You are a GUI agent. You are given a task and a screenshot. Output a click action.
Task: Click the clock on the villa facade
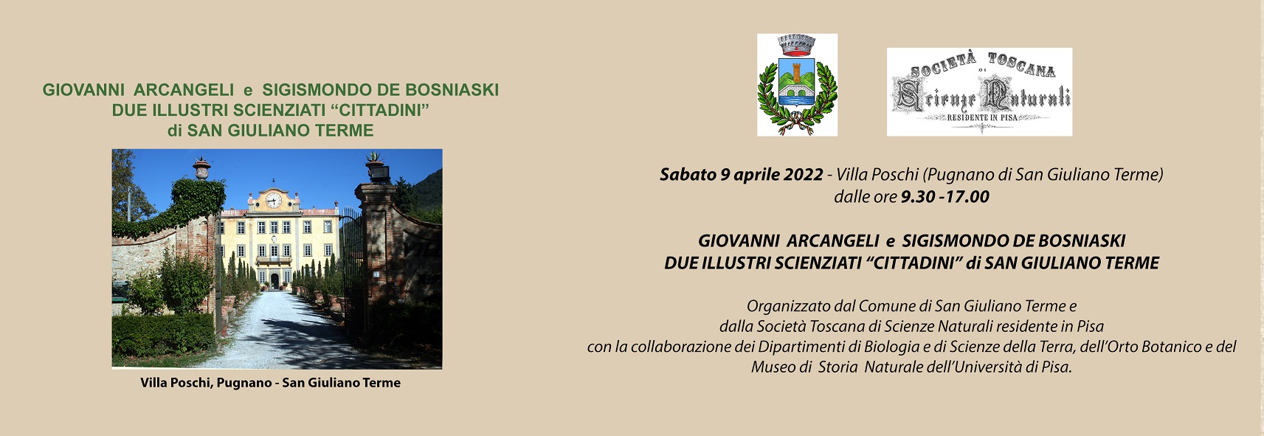pos(274,200)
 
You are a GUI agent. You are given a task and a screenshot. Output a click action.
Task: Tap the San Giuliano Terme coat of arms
pos(797,85)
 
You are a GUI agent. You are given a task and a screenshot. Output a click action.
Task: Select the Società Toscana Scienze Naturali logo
pos(979,91)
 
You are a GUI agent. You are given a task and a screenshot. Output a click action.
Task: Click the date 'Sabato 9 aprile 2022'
pos(741,175)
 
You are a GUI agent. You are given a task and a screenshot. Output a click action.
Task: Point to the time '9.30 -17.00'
pos(944,197)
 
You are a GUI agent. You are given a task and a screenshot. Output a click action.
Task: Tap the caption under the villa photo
pos(270,383)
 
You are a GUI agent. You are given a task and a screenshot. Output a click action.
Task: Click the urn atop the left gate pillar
pos(201,168)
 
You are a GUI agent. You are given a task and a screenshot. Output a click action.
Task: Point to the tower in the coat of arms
pos(797,73)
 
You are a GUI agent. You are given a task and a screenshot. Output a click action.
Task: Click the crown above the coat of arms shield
pos(796,45)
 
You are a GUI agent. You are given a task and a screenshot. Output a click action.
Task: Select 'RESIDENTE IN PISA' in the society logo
pos(982,118)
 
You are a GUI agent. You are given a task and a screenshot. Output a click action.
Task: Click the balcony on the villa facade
pos(274,260)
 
